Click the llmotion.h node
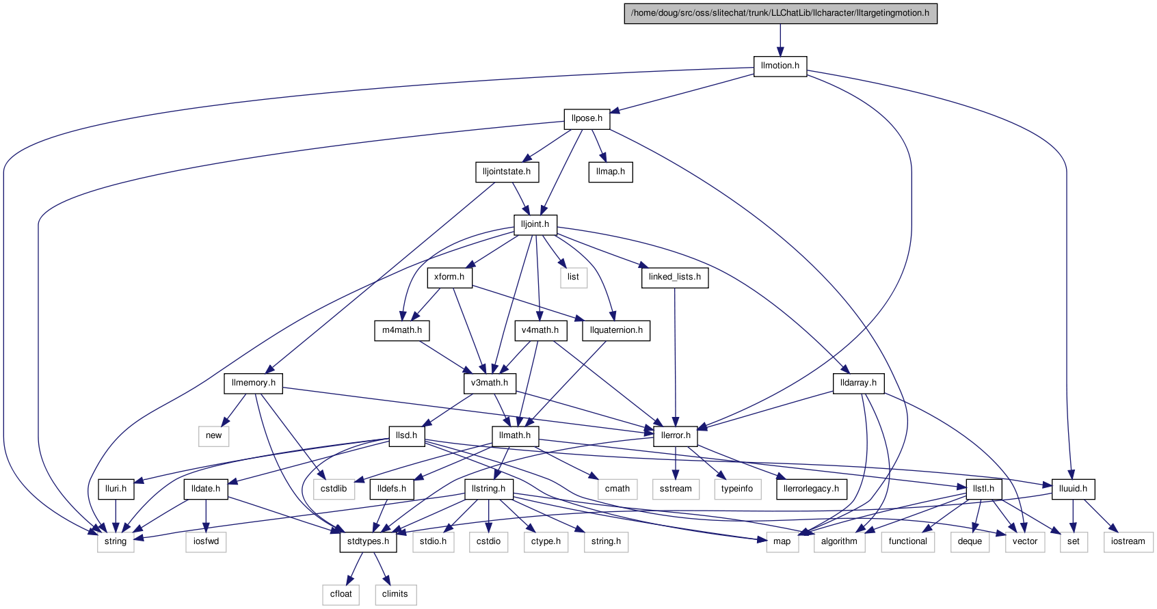(780, 66)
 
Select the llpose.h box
(587, 119)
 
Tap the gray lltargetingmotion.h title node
(780, 14)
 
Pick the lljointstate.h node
(507, 172)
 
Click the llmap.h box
(611, 172)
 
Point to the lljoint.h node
(535, 224)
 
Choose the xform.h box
(449, 277)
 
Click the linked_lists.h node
(674, 277)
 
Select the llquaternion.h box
(615, 330)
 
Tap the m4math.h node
(402, 330)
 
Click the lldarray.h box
(858, 383)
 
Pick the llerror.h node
(676, 435)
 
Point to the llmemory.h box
(254, 383)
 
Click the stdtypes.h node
(369, 541)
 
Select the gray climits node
(395, 594)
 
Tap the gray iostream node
(1128, 541)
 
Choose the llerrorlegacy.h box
(812, 489)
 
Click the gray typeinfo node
(737, 489)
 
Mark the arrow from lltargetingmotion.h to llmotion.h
(780, 40)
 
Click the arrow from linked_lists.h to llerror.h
(675, 357)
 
